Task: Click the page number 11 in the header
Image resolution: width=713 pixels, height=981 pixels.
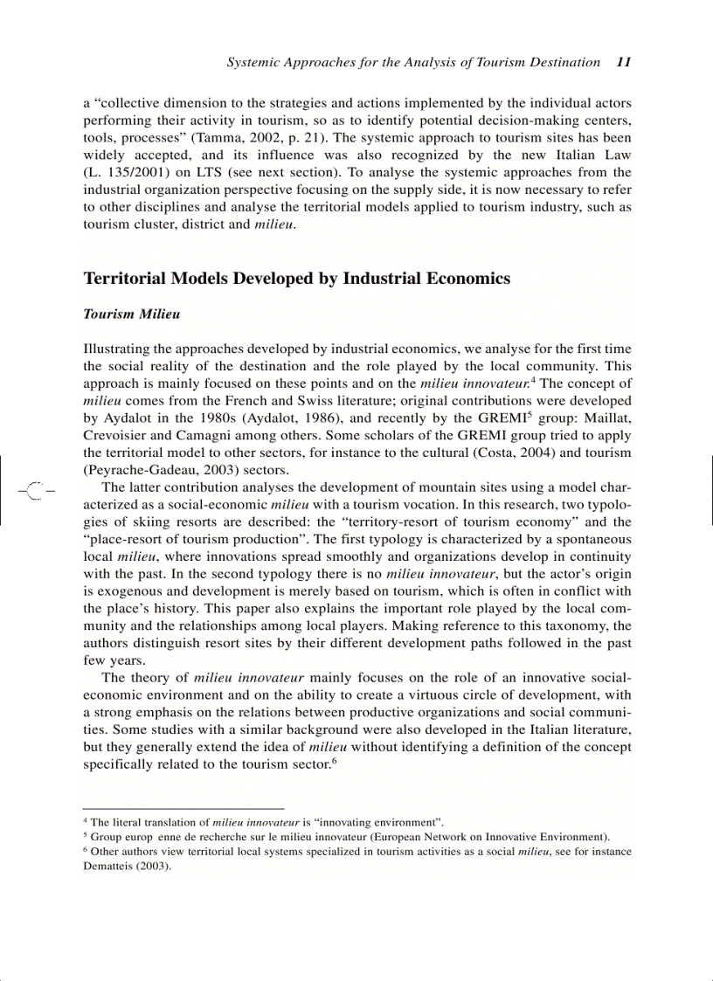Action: point(624,62)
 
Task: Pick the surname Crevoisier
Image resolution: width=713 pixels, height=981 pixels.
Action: point(121,435)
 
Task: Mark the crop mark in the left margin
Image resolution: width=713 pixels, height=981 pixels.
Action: point(35,490)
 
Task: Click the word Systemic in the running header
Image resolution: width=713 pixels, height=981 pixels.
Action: point(253,62)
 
